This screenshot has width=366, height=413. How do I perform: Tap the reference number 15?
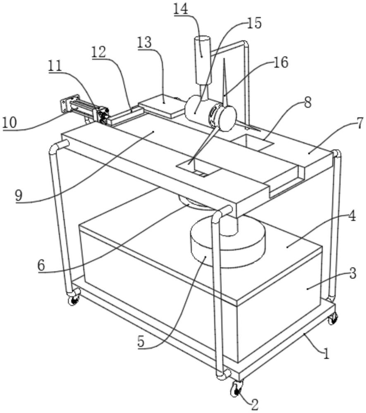click(255, 23)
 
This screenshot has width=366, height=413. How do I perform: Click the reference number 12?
click(99, 52)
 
